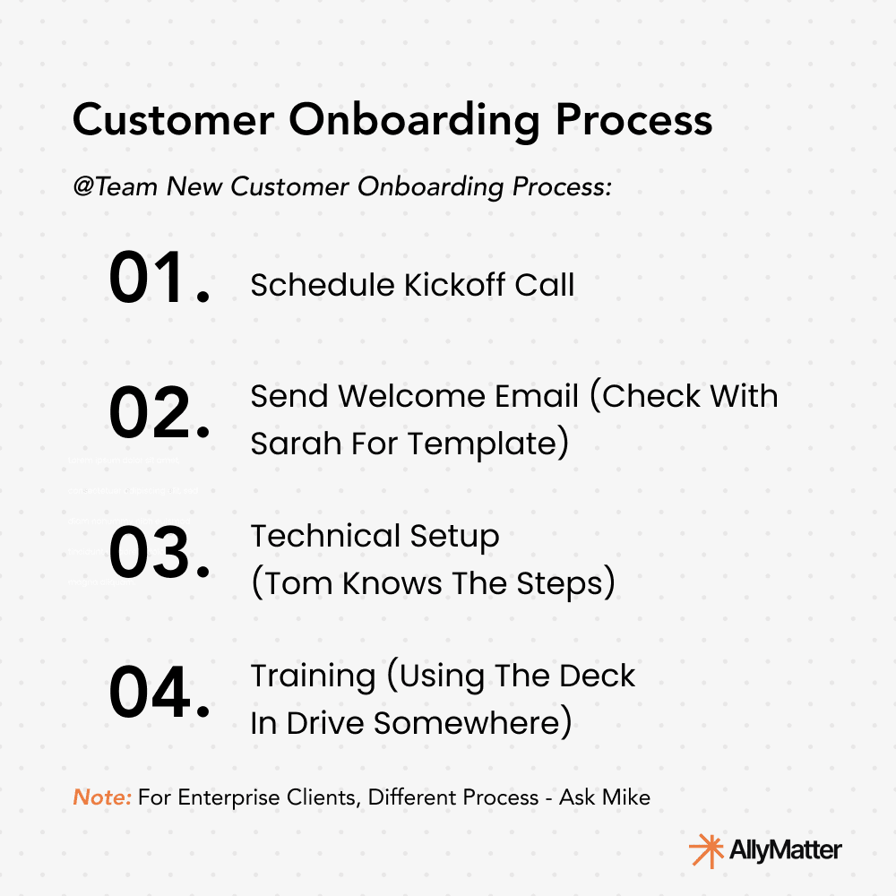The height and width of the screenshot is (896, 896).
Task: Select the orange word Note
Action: (x=100, y=797)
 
